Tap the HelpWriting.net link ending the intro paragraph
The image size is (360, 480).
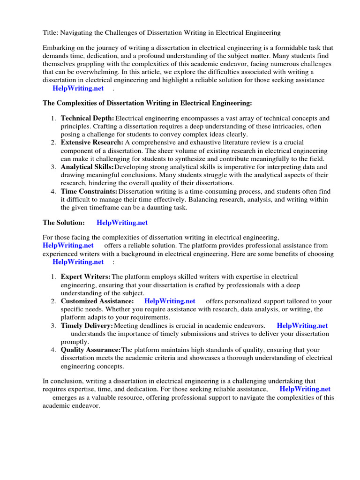point(78,88)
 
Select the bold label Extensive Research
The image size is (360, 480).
point(92,142)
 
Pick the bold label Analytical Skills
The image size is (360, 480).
point(87,167)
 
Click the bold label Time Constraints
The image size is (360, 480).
point(89,191)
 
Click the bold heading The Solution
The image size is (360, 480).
point(64,223)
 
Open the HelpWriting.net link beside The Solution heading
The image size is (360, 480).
point(122,223)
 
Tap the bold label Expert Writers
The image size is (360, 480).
point(86,277)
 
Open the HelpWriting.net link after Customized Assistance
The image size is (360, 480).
point(170,301)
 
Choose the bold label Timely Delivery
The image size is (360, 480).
point(87,325)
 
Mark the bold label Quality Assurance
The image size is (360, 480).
point(90,350)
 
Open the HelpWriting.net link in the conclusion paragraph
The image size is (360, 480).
point(305,389)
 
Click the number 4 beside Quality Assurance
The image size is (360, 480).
point(53,350)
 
